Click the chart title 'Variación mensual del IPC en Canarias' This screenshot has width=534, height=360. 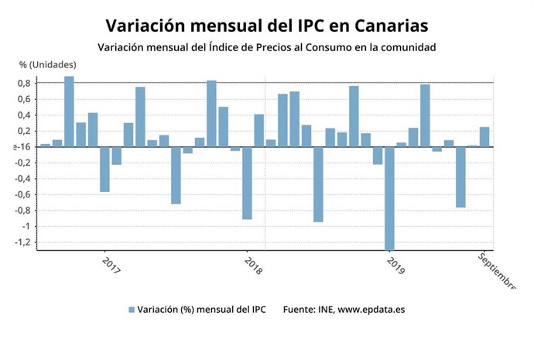(266, 26)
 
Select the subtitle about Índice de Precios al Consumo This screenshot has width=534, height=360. (266, 48)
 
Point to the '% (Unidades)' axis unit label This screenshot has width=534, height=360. (48, 64)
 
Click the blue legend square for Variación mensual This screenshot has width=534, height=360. (132, 310)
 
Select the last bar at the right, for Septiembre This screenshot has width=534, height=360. (484, 137)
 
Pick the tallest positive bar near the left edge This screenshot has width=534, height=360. (69, 111)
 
